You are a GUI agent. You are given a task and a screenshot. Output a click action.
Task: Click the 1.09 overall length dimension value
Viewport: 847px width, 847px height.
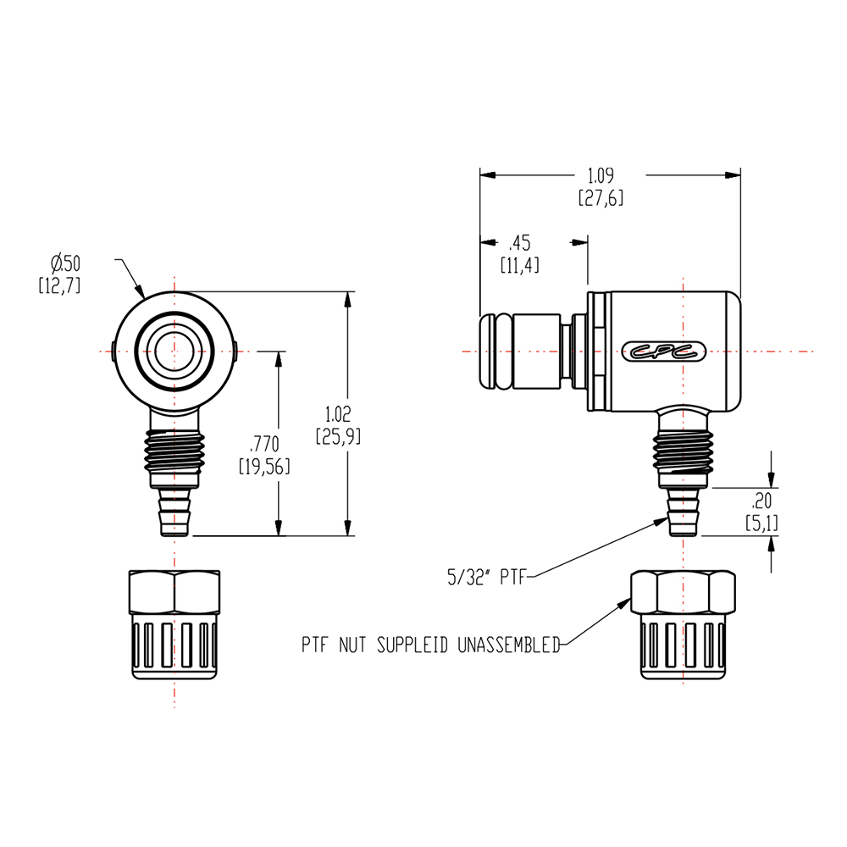point(601,177)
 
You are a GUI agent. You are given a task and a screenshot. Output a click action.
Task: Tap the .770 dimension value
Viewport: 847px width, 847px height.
point(265,443)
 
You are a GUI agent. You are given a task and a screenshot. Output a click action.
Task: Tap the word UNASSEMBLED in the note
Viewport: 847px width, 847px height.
point(509,645)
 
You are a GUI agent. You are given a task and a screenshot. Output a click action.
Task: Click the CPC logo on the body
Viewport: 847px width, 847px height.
point(664,352)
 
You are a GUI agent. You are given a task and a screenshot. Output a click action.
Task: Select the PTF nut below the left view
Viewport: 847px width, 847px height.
point(174,625)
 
